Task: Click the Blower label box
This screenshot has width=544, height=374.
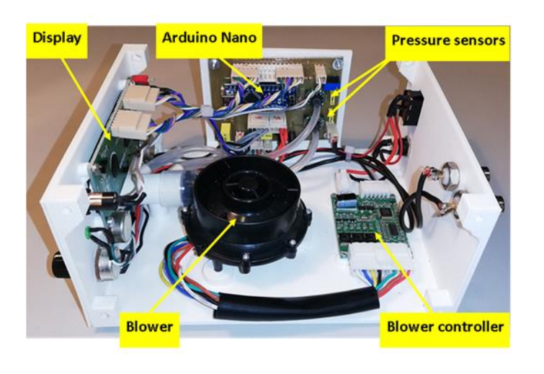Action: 150,329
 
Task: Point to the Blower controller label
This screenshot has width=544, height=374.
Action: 445,329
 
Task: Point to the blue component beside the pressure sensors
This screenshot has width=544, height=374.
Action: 330,86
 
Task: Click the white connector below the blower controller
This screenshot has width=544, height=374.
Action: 380,258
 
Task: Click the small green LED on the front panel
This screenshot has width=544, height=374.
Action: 88,231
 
